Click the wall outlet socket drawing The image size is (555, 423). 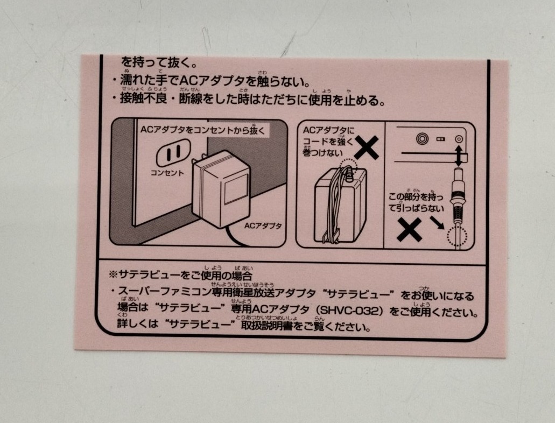173,153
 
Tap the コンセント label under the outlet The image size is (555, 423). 167,173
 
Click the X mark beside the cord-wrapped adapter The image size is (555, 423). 367,147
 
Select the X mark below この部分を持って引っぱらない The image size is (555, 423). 410,230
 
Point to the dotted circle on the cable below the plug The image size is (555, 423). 457,236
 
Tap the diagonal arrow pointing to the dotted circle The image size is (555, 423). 437,223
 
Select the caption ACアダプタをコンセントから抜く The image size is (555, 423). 202,130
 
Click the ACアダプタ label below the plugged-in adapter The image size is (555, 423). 263,225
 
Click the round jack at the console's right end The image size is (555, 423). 459,139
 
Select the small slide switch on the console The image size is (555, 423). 441,139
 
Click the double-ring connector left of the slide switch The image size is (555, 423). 422,138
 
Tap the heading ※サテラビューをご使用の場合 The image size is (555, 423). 180,274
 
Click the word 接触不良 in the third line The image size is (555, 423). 143,98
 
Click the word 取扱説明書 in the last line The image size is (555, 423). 267,325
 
